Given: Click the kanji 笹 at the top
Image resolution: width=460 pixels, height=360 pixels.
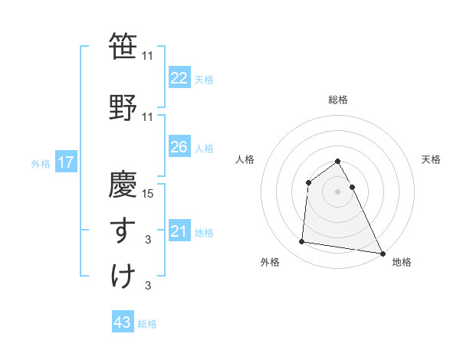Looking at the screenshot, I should coord(122,47).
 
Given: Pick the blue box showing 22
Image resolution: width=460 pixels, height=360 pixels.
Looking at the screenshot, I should coord(179,77).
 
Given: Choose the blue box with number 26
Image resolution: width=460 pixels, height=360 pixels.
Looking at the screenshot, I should coord(179,147).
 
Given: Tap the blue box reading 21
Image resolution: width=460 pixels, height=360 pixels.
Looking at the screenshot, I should coord(179,231).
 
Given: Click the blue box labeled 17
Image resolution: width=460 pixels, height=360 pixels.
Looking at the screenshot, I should coord(65,162).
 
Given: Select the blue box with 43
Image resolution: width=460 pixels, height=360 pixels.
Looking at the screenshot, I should coord(122,322).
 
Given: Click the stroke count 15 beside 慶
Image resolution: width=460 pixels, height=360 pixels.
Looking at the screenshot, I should coord(149,193).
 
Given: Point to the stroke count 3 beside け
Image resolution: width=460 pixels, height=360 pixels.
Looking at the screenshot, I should coord(148,286).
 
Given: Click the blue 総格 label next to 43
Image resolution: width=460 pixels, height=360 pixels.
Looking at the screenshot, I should coord(147,324).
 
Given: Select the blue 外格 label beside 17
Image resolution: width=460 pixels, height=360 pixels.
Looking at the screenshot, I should coord(41,163).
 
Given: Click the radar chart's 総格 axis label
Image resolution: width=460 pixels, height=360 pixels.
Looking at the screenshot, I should coord(337,100).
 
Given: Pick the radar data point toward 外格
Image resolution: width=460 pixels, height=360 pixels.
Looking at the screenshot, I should coord(302,242).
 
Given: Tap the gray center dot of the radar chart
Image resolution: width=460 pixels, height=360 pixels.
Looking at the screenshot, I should coord(337,191).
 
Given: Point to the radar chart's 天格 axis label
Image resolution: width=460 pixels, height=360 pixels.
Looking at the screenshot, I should coord(431,159).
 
